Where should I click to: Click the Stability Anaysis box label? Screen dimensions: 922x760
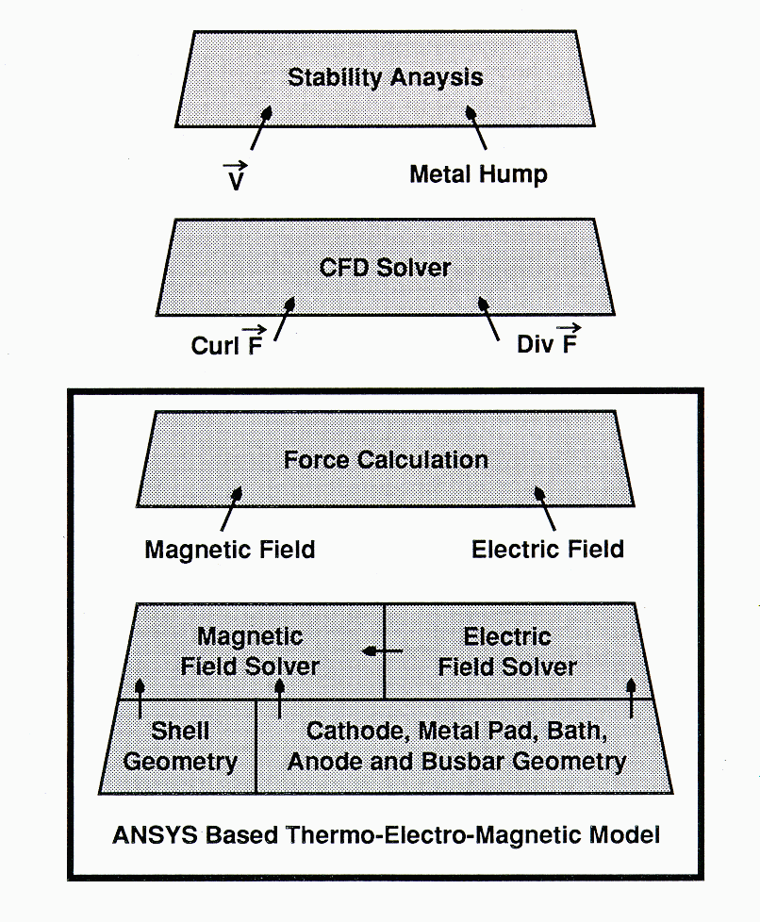(385, 77)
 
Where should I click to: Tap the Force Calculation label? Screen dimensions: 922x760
(386, 460)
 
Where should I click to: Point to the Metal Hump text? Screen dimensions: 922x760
(477, 175)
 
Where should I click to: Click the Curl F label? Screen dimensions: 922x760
(225, 345)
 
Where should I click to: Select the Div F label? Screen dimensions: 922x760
(547, 344)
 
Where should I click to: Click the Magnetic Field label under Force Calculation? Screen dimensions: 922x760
(229, 550)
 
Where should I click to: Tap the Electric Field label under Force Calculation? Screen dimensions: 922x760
(547, 549)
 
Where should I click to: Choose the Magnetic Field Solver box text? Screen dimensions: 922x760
(250, 651)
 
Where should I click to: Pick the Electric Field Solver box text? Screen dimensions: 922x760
(507, 651)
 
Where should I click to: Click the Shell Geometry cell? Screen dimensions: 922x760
(179, 746)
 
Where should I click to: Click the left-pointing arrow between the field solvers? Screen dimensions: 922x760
(383, 651)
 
